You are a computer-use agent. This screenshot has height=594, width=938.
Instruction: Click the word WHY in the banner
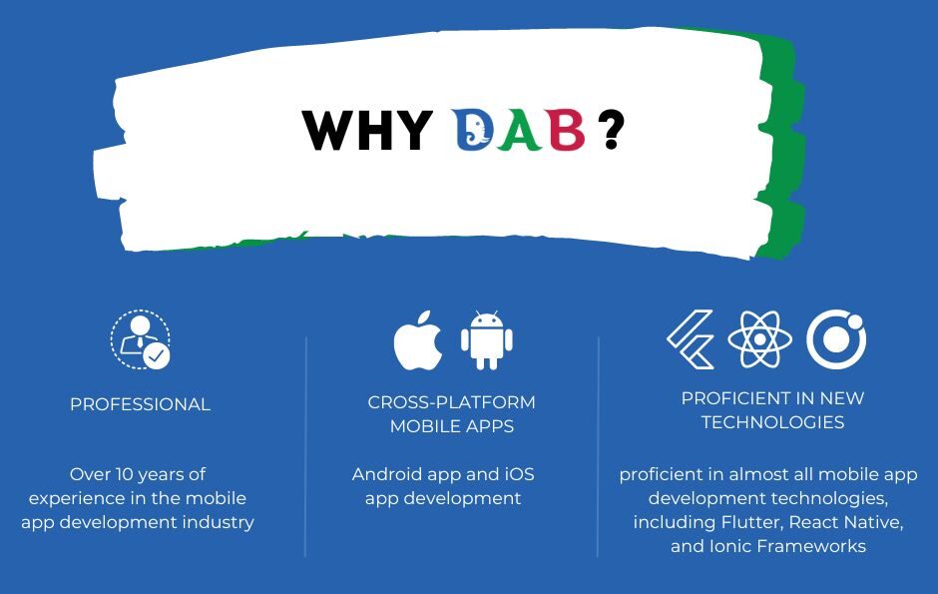(x=367, y=130)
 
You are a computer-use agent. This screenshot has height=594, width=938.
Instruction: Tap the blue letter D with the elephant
(x=473, y=129)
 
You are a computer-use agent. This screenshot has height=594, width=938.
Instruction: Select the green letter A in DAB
(x=519, y=130)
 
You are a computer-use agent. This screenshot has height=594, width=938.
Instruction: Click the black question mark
(x=612, y=129)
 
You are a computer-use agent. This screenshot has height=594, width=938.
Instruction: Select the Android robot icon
(x=486, y=339)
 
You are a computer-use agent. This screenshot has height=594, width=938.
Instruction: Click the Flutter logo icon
(x=691, y=339)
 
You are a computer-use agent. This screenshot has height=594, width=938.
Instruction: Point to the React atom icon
(x=759, y=339)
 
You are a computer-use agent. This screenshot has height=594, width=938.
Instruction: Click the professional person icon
(x=141, y=339)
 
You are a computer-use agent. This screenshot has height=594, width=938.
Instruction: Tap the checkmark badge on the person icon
(x=156, y=356)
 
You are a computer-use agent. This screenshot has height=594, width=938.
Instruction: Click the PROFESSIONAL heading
(x=140, y=404)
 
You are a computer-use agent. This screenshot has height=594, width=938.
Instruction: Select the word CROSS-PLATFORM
(x=452, y=402)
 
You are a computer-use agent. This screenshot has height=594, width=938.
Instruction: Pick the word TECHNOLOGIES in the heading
(x=773, y=422)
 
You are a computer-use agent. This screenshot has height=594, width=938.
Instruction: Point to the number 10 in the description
(x=124, y=474)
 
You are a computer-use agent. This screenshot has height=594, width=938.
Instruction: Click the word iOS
(x=519, y=474)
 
